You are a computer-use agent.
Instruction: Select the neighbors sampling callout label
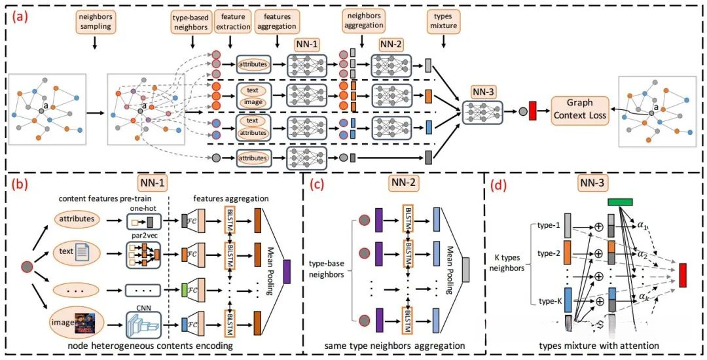[x=95, y=22]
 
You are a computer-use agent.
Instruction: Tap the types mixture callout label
[x=444, y=22]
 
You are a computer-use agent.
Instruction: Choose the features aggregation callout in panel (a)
[x=275, y=22]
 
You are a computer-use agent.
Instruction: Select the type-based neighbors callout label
[x=192, y=22]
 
